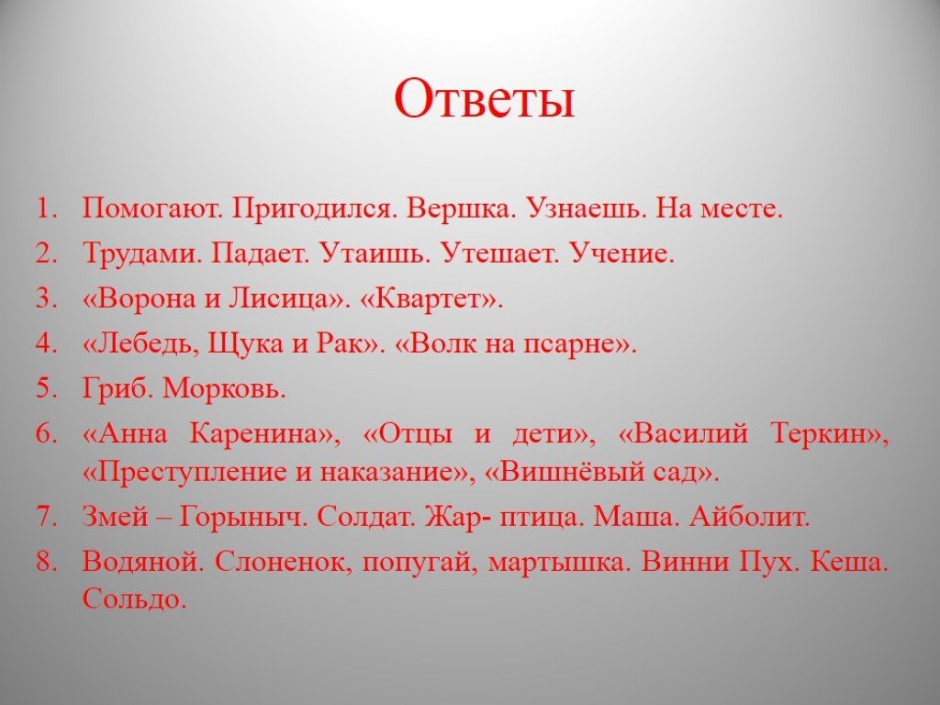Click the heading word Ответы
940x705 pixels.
(x=485, y=98)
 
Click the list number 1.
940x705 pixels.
(x=47, y=208)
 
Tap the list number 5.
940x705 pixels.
(x=47, y=388)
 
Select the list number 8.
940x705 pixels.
(x=47, y=561)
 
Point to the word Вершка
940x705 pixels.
(x=461, y=208)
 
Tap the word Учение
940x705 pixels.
(x=621, y=253)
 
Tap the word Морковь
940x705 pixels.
(x=224, y=388)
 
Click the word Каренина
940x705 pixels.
(x=264, y=433)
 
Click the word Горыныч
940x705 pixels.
(x=243, y=517)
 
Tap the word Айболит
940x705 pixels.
(x=750, y=516)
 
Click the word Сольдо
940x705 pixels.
(x=134, y=599)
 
